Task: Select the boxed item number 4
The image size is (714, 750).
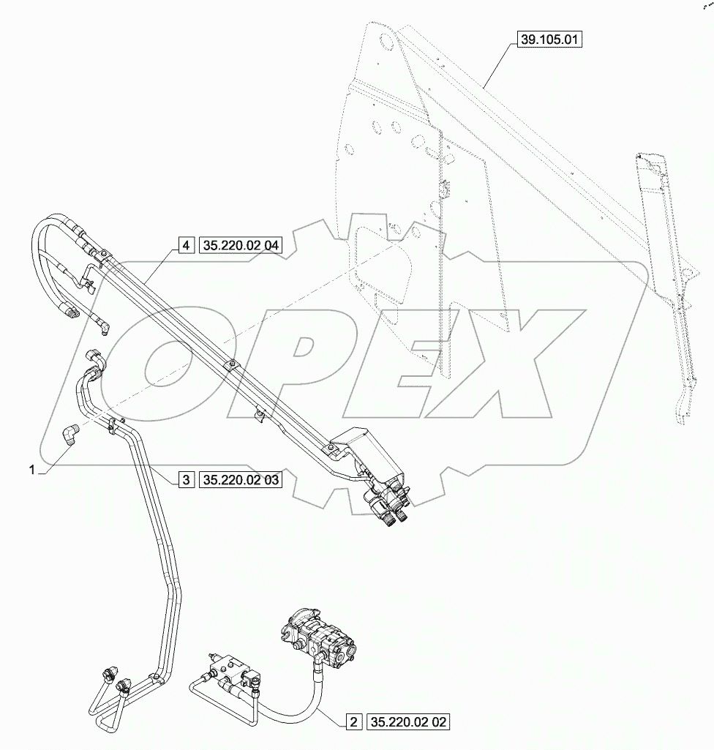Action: click(186, 245)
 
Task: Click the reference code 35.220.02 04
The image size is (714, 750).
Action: click(239, 245)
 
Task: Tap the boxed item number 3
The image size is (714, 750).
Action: click(186, 480)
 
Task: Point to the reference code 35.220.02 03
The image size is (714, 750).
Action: click(239, 480)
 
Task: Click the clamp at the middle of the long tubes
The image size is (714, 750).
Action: click(230, 364)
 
